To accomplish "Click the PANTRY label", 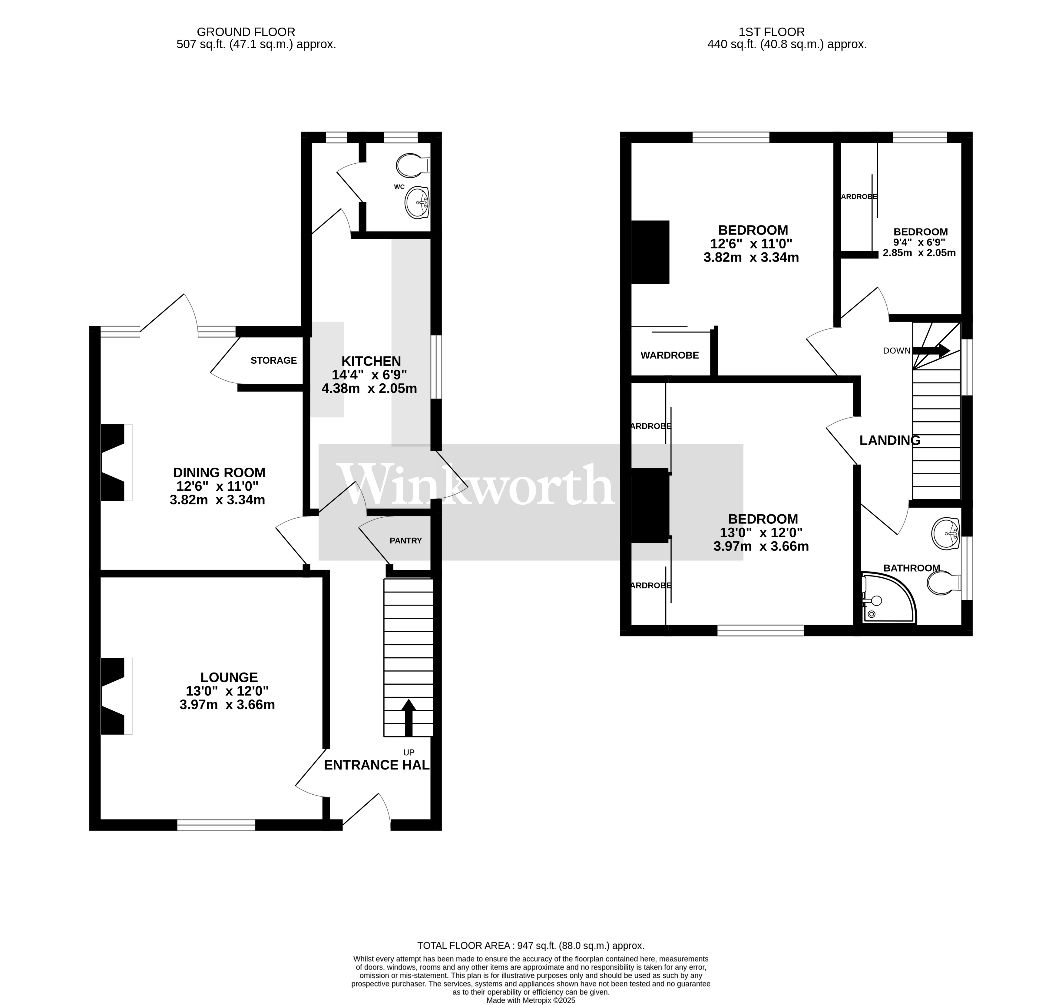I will click(x=405, y=540).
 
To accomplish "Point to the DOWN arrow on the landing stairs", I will click(x=931, y=351).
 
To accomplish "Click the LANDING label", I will click(x=890, y=440).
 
